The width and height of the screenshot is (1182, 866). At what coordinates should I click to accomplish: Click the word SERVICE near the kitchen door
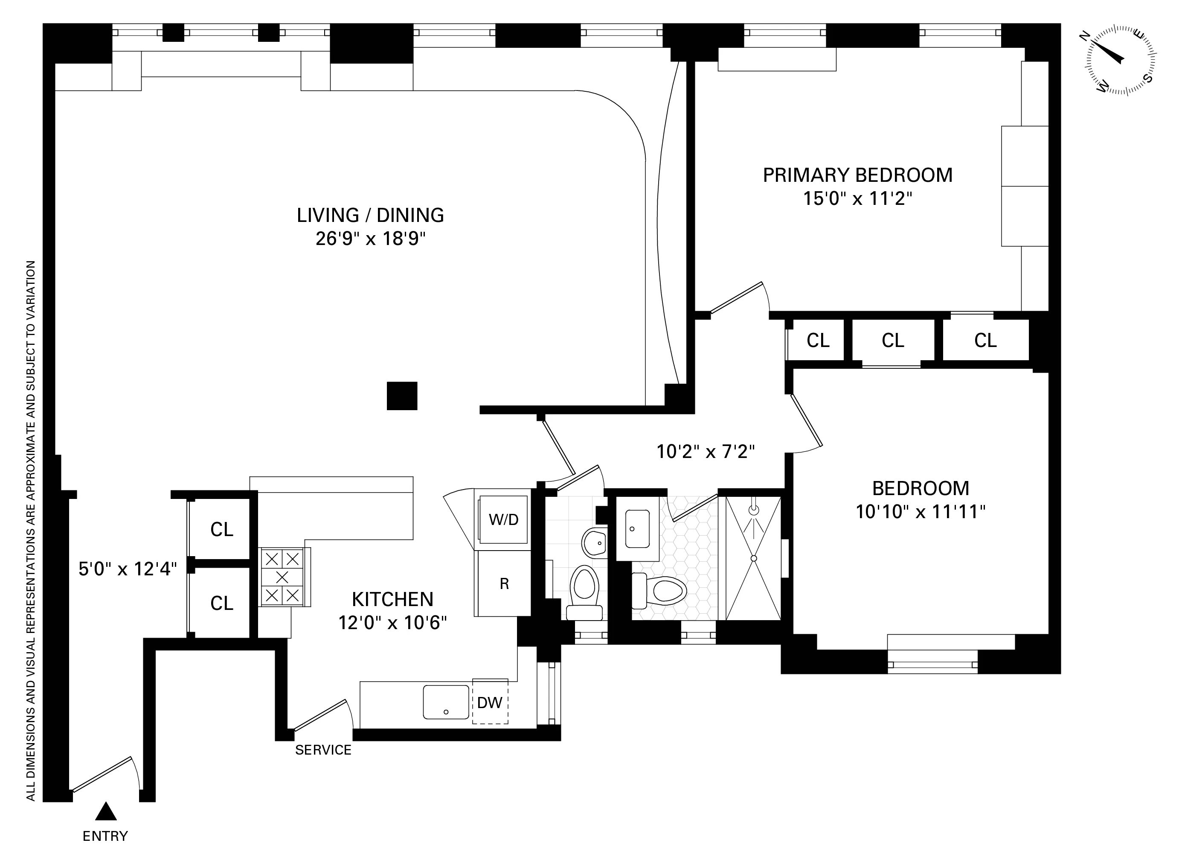pyautogui.click(x=323, y=750)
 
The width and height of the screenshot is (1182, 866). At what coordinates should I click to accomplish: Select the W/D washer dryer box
pyautogui.click(x=503, y=519)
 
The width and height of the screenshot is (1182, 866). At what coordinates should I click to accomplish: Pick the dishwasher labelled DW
pyautogui.click(x=490, y=703)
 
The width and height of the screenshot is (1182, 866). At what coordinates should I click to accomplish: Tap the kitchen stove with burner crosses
pyautogui.click(x=282, y=577)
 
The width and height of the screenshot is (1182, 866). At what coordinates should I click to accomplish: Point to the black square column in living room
pyautogui.click(x=402, y=396)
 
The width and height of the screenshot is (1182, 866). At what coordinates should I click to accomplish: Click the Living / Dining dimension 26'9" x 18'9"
pyautogui.click(x=370, y=239)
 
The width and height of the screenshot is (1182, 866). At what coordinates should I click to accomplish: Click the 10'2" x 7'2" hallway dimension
pyautogui.click(x=705, y=451)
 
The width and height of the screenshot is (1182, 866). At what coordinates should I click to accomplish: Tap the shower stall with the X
pyautogui.click(x=753, y=559)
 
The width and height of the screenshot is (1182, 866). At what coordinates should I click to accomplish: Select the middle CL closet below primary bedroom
pyautogui.click(x=893, y=341)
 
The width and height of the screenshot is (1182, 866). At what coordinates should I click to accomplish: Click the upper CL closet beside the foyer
pyautogui.click(x=222, y=529)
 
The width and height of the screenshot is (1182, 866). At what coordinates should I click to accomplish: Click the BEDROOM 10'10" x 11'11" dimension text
pyautogui.click(x=921, y=512)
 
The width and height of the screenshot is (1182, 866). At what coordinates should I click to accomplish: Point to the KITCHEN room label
pyautogui.click(x=392, y=599)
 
